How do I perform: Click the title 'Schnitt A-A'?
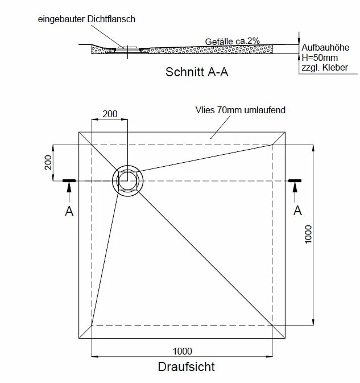pyautogui.click(x=197, y=73)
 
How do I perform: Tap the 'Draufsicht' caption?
pyautogui.click(x=187, y=367)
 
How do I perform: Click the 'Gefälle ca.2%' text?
pyautogui.click(x=233, y=41)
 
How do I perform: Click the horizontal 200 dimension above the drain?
pyautogui.click(x=110, y=114)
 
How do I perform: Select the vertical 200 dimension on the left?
pyautogui.click(x=48, y=163)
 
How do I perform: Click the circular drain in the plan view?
pyautogui.click(x=129, y=181)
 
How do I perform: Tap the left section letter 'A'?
pyautogui.click(x=69, y=211)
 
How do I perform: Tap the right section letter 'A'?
pyautogui.click(x=296, y=211)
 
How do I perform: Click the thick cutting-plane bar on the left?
pyautogui.click(x=69, y=181)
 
